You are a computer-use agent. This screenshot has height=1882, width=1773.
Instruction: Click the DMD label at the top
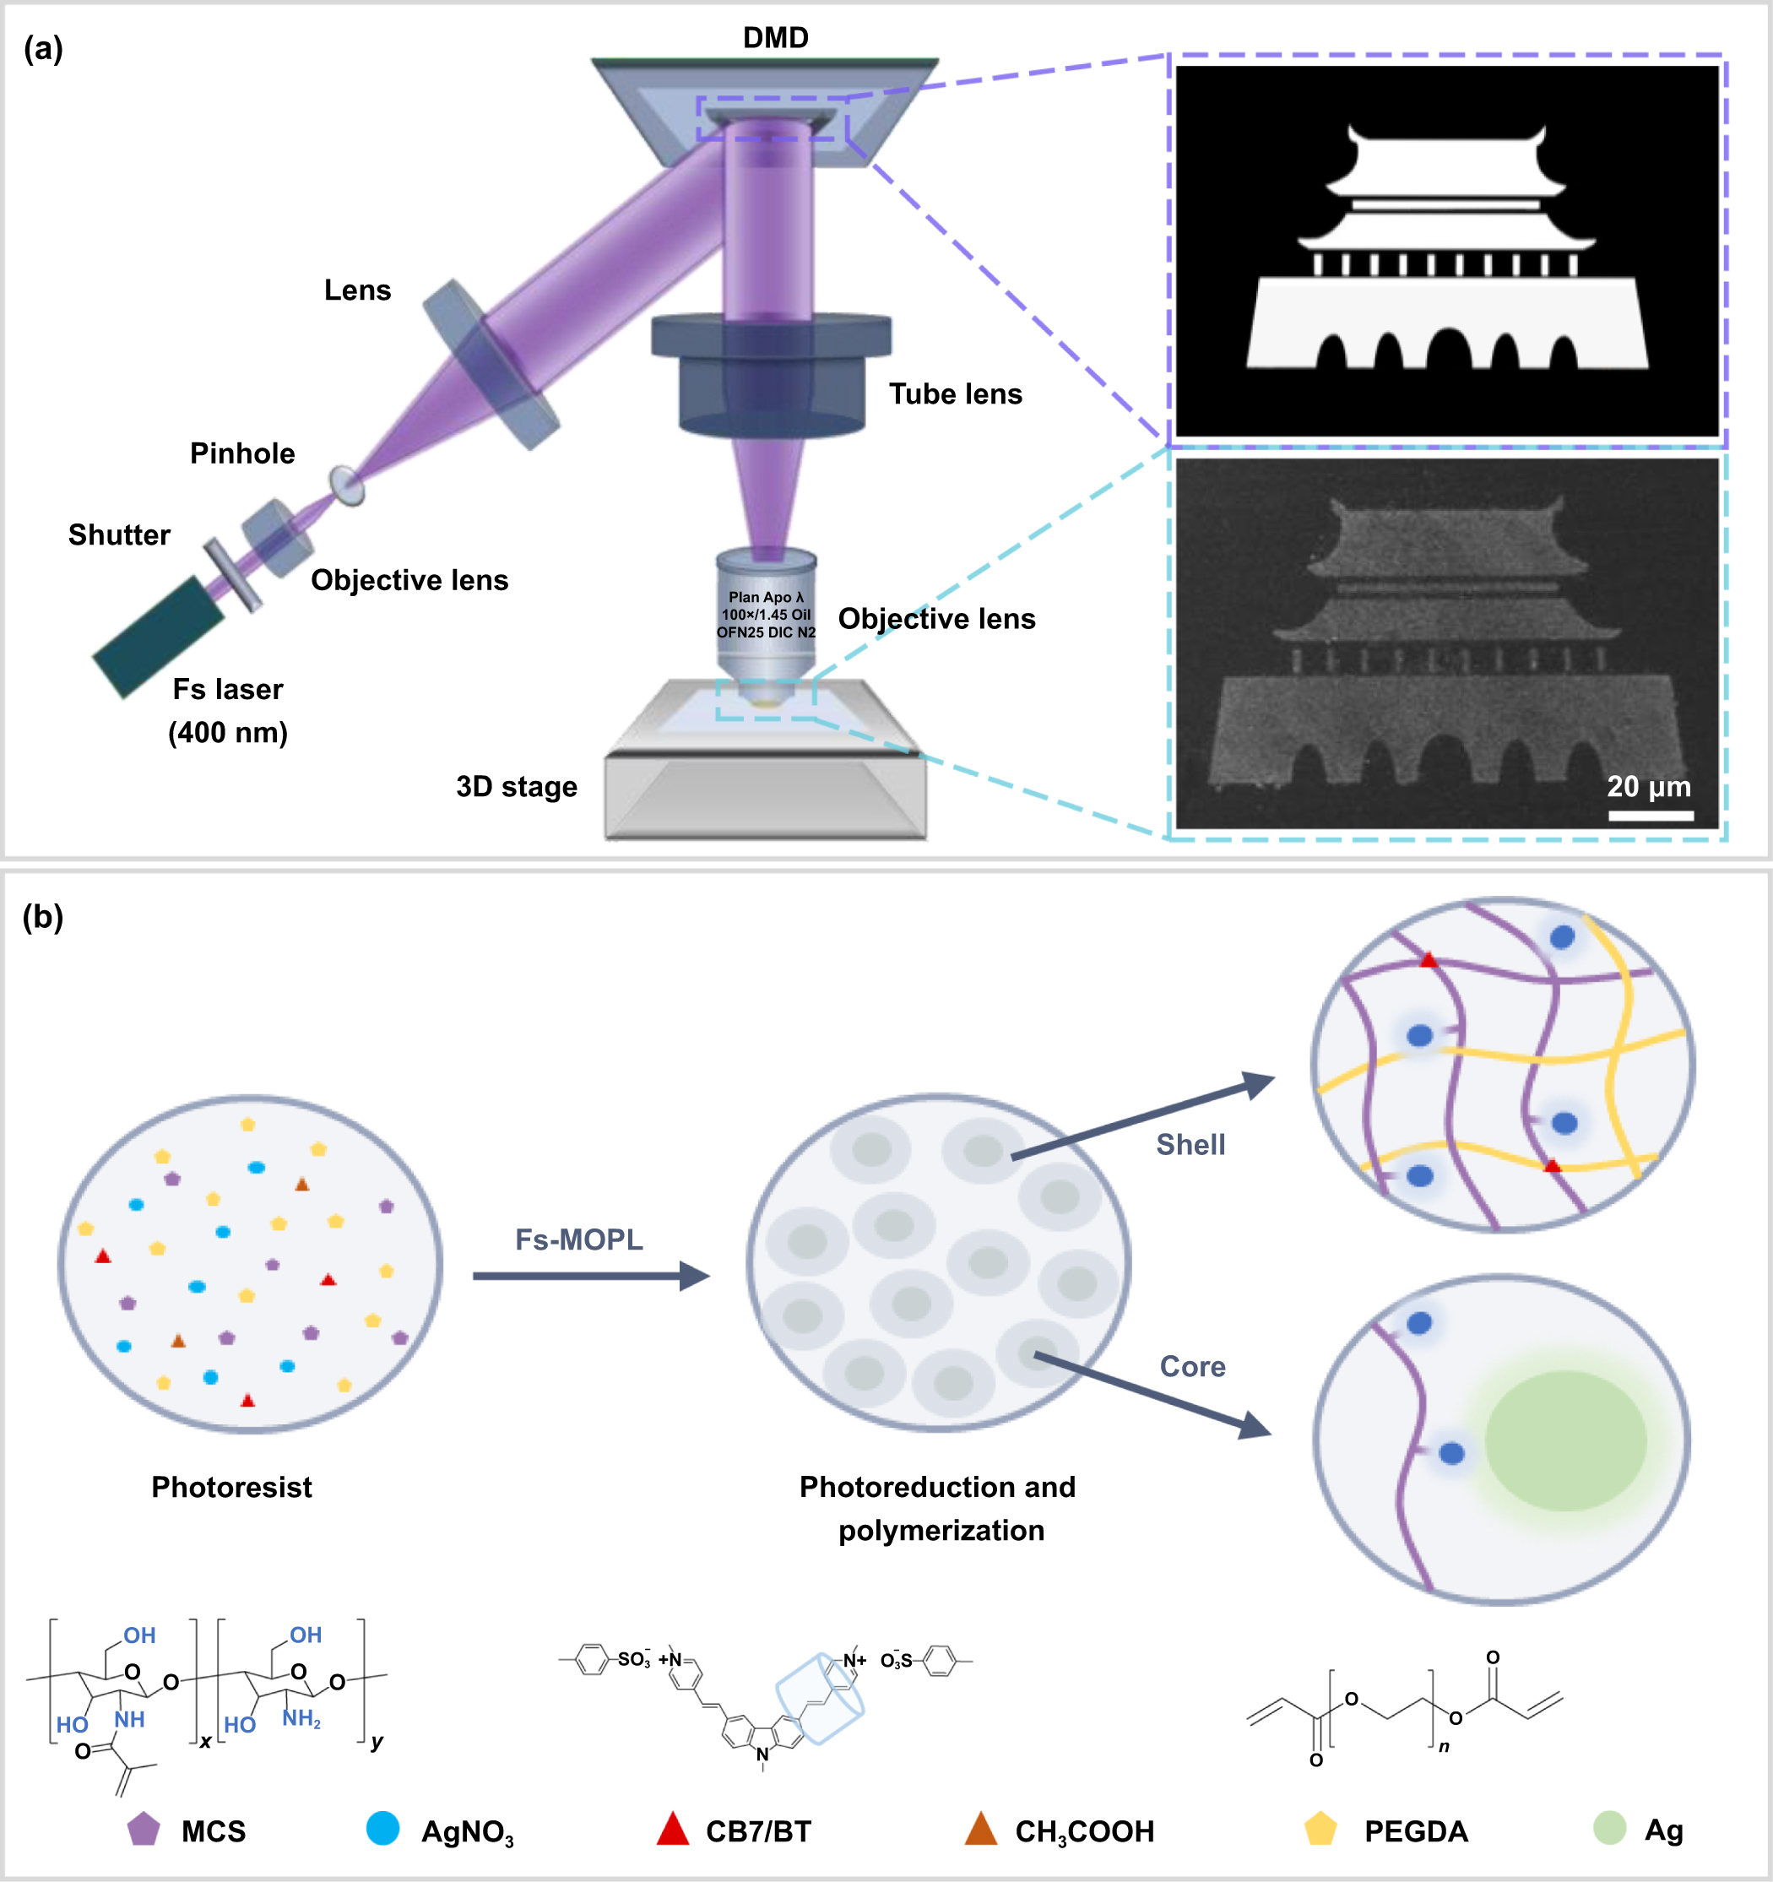coord(775,38)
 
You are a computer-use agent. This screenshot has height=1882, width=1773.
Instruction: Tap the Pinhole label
coord(242,453)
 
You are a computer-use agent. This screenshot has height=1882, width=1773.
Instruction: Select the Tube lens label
coord(955,393)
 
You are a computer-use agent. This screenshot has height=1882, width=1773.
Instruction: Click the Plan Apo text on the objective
coord(765,597)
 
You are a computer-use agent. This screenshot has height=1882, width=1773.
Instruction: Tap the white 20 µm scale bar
coord(1650,815)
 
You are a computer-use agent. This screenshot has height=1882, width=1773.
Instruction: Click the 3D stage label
coord(516,787)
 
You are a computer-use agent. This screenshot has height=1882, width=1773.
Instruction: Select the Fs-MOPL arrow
coord(591,1276)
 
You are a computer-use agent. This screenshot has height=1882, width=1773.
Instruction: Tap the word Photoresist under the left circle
coord(231,1487)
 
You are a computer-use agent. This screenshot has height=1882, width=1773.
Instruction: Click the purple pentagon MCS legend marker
coord(143,1829)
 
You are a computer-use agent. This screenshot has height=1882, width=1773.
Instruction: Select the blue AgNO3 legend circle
coord(382,1828)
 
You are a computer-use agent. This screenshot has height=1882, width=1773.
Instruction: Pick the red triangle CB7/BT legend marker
coord(672,1830)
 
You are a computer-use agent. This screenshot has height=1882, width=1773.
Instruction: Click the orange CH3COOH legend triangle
coord(981,1830)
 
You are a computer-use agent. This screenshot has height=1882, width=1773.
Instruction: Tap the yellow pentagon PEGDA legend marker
coord(1320,1829)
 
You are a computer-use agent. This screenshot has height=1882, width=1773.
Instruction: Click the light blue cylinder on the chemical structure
coord(819,1700)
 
